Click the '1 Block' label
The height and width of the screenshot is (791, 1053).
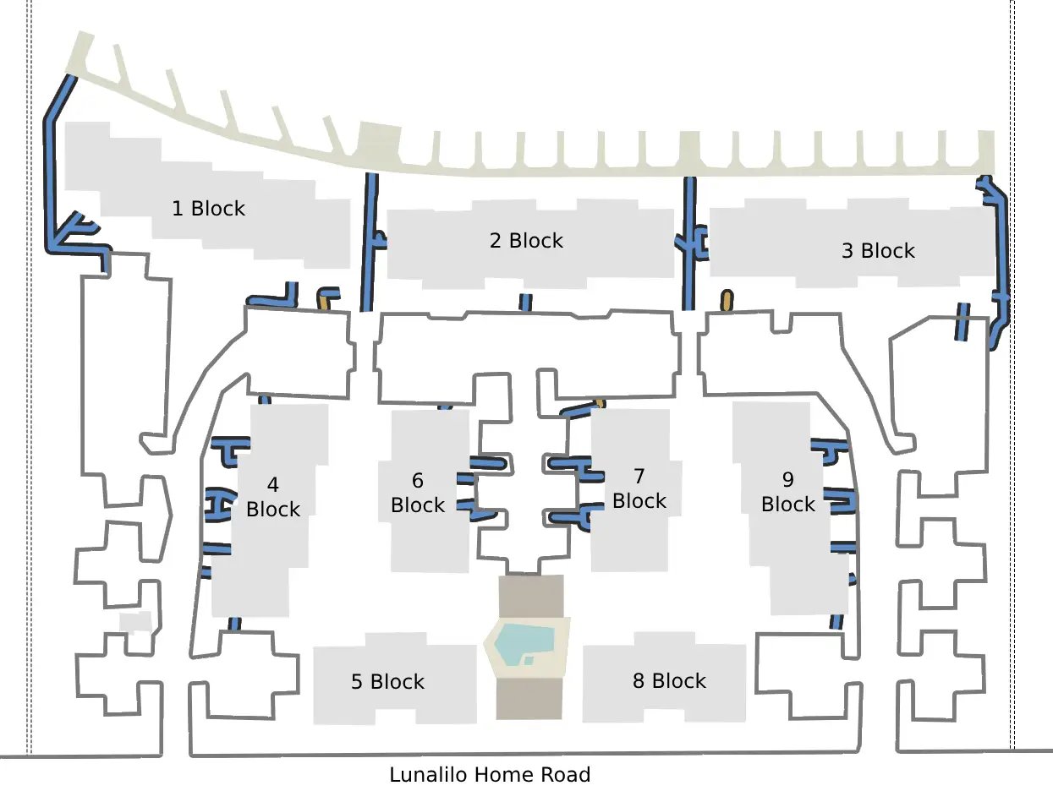[x=208, y=209]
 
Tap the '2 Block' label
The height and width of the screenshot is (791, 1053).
[x=526, y=241]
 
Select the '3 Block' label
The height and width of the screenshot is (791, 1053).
[x=878, y=251]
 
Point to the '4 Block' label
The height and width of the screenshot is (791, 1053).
[x=273, y=497]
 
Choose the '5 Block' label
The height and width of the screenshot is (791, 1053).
[x=387, y=682]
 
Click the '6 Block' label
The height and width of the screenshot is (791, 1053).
[x=417, y=493]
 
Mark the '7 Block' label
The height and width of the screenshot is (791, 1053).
[x=639, y=488]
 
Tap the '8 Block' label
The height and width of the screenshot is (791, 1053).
[x=669, y=681]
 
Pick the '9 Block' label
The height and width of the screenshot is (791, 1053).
[x=787, y=492]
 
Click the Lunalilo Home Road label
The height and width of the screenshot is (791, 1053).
[x=490, y=775]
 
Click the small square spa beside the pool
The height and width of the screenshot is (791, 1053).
[x=529, y=661]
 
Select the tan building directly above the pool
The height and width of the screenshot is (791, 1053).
[x=531, y=596]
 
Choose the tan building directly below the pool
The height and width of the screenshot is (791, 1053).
[x=529, y=699]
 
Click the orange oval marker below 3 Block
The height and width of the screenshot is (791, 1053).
[x=727, y=300]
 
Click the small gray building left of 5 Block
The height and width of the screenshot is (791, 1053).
[x=135, y=622]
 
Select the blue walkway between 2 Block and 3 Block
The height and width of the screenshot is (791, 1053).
[x=690, y=243]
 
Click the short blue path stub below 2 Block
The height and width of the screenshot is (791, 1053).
[x=526, y=303]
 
